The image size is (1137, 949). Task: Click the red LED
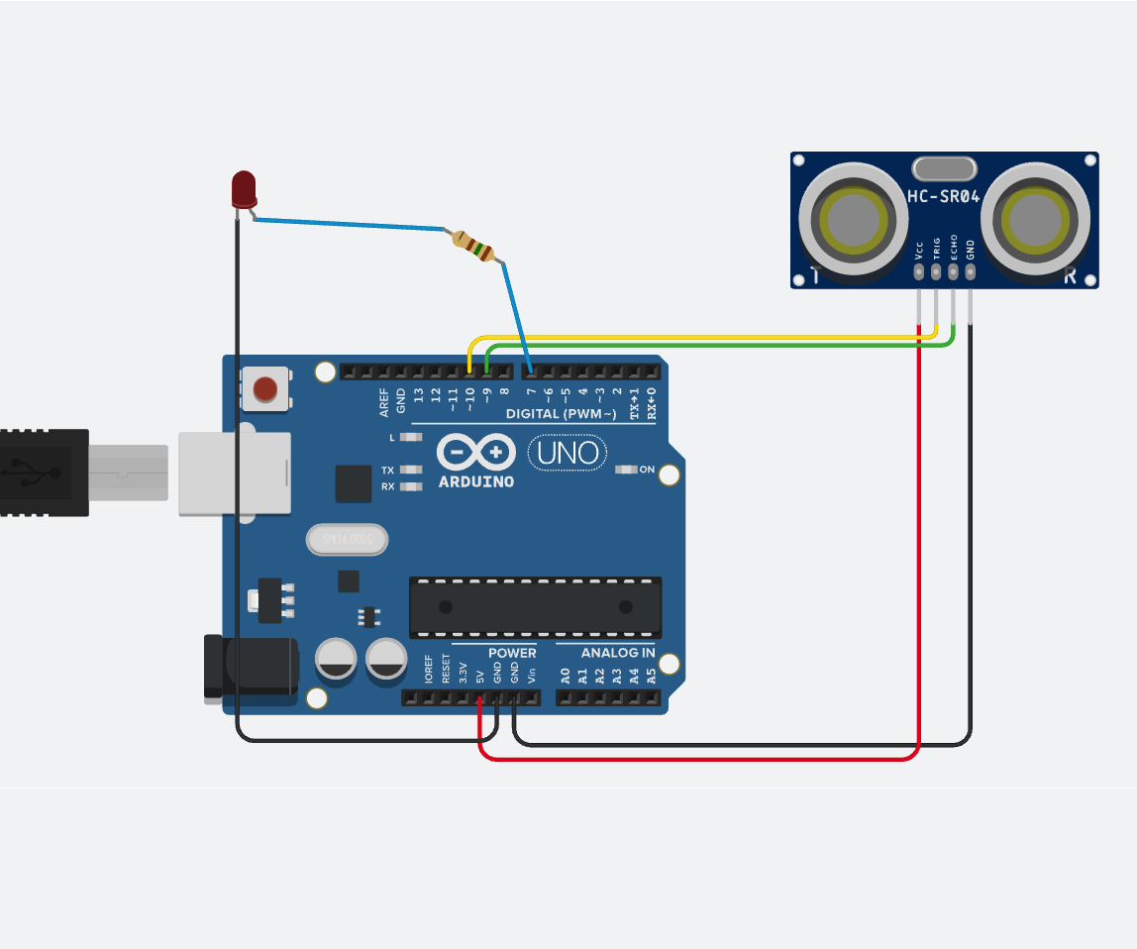pyautogui.click(x=244, y=188)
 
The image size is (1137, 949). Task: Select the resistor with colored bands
pyautogui.click(x=473, y=246)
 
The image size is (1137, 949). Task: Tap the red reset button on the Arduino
pyautogui.click(x=265, y=388)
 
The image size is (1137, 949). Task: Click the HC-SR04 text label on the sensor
pyautogui.click(x=944, y=197)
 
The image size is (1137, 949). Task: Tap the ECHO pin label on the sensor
pyautogui.click(x=954, y=246)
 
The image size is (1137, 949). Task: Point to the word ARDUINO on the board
pyautogui.click(x=476, y=482)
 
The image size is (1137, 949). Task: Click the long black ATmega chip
pyautogui.click(x=536, y=607)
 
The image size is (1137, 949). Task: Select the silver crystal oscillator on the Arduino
pyautogui.click(x=347, y=540)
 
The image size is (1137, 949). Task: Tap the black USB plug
pyautogui.click(x=45, y=473)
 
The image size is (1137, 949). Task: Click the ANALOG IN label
pyautogui.click(x=617, y=653)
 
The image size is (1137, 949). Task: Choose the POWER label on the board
pyautogui.click(x=512, y=653)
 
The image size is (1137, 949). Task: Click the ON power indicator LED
pyautogui.click(x=624, y=470)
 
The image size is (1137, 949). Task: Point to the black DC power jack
pyautogui.click(x=250, y=670)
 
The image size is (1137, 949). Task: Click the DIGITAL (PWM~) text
pyautogui.click(x=561, y=413)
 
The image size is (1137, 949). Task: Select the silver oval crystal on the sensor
pyautogui.click(x=945, y=168)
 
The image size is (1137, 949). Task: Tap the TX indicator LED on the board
pyautogui.click(x=404, y=470)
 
